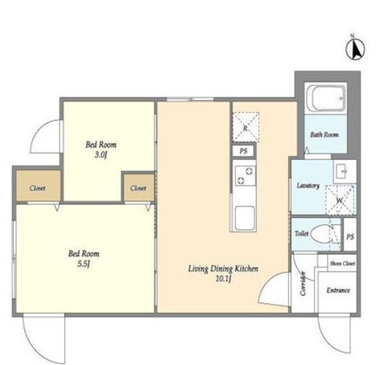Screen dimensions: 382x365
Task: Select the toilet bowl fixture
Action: (x=321, y=234)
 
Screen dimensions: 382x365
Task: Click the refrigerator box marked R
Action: (x=245, y=127)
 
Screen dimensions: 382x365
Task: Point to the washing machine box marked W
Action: (x=340, y=200)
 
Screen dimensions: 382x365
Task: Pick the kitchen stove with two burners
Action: (x=245, y=176)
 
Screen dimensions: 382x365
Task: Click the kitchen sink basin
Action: (x=245, y=217)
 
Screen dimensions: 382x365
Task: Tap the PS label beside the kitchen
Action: (x=243, y=151)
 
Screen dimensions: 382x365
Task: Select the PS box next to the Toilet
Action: (x=350, y=234)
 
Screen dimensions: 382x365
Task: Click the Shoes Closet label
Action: (x=342, y=264)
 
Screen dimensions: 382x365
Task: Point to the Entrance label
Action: (x=338, y=290)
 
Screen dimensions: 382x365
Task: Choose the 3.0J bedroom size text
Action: (x=101, y=155)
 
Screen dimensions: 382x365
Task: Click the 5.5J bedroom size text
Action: (x=84, y=264)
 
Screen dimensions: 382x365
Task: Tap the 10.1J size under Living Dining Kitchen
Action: (x=223, y=278)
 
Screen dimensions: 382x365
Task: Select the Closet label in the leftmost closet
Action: (x=37, y=188)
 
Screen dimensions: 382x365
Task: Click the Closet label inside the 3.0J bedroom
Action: (x=138, y=188)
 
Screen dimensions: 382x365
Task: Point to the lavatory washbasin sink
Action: (x=342, y=170)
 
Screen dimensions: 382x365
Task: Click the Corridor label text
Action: (x=303, y=283)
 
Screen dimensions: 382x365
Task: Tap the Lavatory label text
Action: (x=308, y=186)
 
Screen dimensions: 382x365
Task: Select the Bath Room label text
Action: (x=325, y=134)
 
